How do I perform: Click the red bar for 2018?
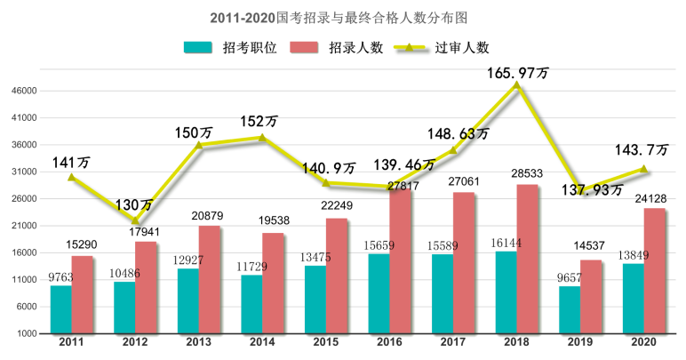click(527, 259)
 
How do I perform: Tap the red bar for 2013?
click(209, 279)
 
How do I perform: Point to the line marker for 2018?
click(516, 84)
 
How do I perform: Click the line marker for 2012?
click(135, 220)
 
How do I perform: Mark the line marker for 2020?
click(643, 168)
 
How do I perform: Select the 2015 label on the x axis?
click(326, 342)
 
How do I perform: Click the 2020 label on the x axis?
click(643, 342)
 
